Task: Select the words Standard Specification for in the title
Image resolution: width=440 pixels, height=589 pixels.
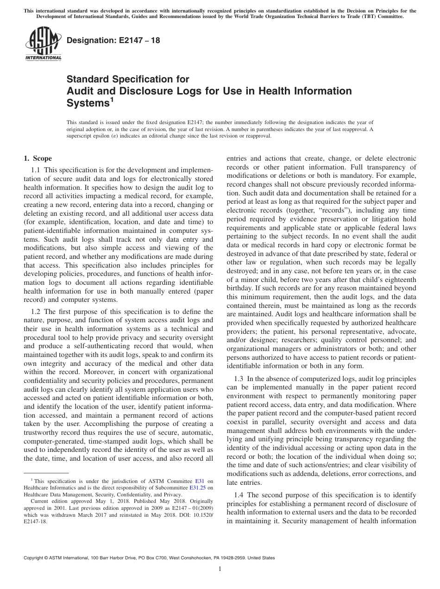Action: (x=128, y=80)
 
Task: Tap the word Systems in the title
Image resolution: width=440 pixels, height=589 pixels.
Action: (x=88, y=103)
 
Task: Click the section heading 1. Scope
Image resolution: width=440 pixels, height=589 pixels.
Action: (x=38, y=158)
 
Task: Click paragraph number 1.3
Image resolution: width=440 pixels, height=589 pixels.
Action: (x=239, y=379)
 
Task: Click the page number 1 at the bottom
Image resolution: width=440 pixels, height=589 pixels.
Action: (x=220, y=569)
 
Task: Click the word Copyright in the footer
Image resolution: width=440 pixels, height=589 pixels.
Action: (x=34, y=558)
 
